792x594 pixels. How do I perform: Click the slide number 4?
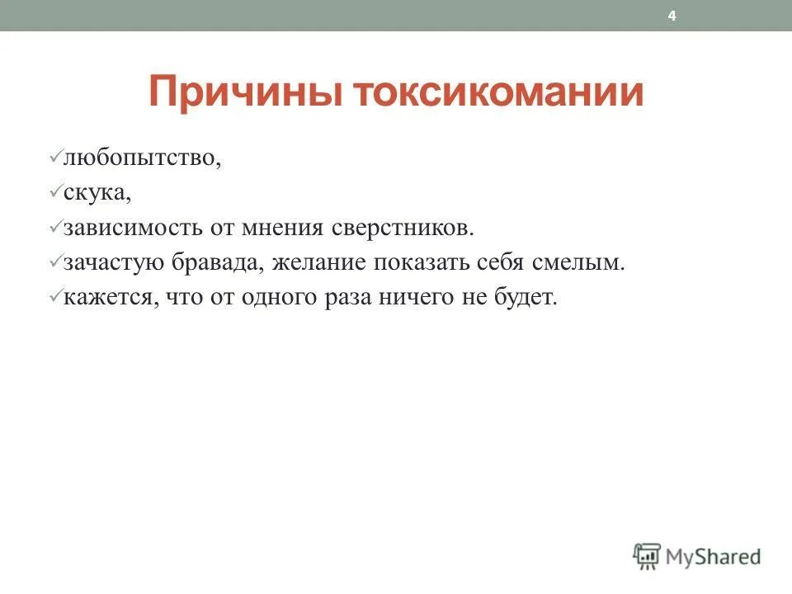(x=672, y=16)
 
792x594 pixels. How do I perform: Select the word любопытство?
(x=142, y=157)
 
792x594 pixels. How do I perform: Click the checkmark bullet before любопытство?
(x=56, y=155)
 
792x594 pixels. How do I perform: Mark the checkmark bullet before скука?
(x=56, y=190)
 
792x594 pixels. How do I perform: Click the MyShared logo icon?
(x=647, y=556)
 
